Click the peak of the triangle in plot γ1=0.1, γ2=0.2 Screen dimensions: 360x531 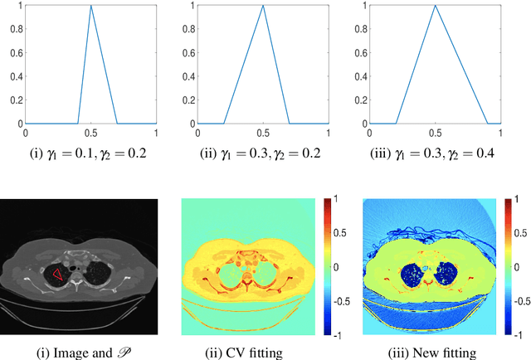point(91,7)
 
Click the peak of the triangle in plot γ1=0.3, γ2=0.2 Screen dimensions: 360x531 point(262,7)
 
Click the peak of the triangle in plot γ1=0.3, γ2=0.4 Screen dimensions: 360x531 point(435,7)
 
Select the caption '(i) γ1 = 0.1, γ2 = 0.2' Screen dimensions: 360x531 point(91,152)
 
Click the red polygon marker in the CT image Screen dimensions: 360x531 point(56,273)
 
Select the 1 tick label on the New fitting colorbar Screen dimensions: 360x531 point(514,200)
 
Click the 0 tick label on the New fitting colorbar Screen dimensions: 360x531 point(514,267)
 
